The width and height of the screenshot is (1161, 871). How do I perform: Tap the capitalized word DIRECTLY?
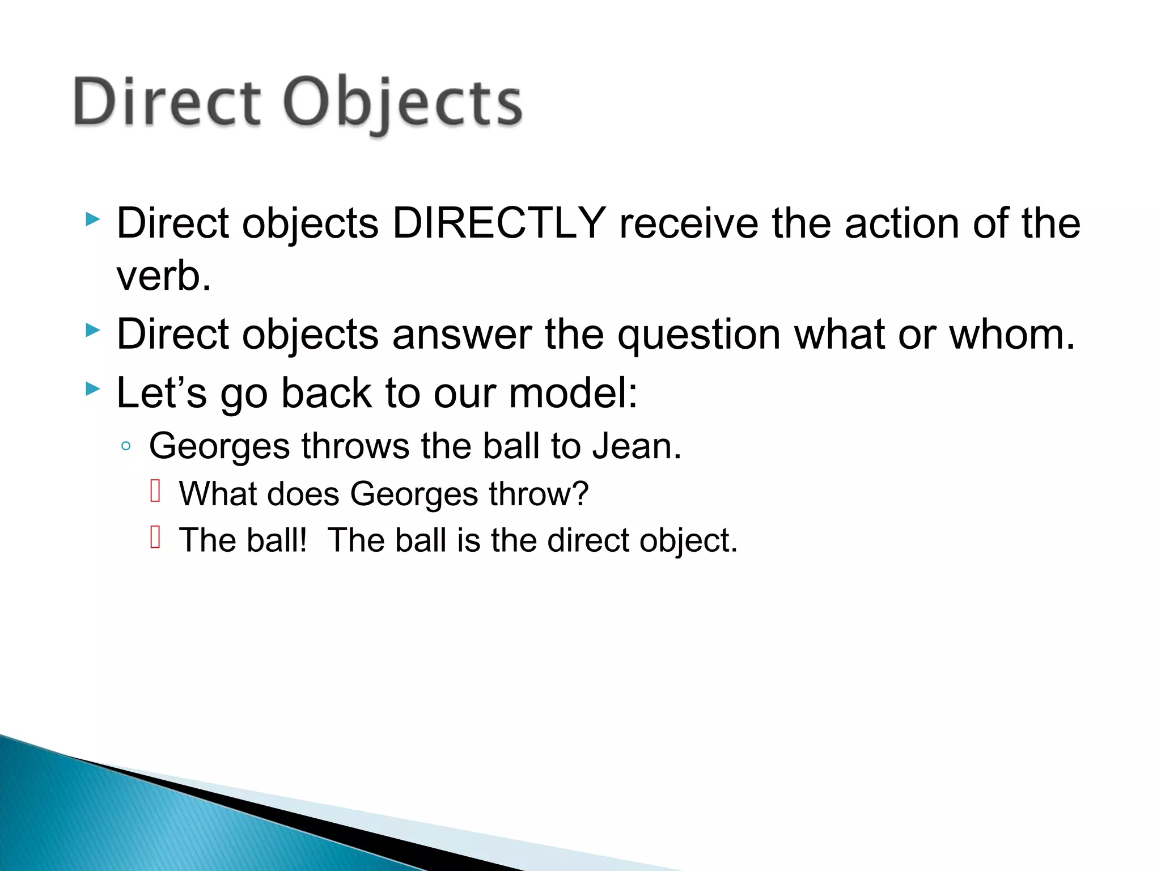499,223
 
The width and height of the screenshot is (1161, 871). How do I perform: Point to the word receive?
688,223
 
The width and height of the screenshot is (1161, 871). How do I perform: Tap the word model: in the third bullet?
573,392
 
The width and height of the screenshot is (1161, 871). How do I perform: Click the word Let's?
162,392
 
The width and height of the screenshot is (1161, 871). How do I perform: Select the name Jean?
637,446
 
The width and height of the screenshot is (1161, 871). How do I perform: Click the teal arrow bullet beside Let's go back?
93,389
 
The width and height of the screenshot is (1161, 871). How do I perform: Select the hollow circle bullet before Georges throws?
126,446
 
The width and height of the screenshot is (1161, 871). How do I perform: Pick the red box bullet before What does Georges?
155,491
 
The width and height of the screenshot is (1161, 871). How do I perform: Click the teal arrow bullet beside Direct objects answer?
93,330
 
